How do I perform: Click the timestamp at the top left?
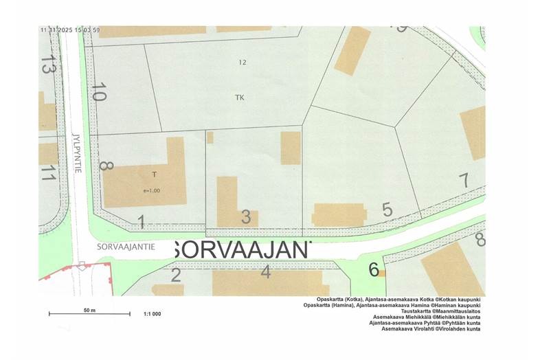tap(70, 30)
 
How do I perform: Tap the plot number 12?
tap(242, 63)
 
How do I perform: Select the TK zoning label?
tap(239, 98)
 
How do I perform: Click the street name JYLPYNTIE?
tap(77, 153)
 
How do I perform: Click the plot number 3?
tap(245, 217)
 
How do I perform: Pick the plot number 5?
tap(387, 210)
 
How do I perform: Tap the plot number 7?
tap(464, 181)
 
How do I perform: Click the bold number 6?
tap(373, 270)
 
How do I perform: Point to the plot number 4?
tap(266, 271)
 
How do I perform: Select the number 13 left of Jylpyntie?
tap(47, 67)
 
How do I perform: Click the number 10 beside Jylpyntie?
tap(99, 92)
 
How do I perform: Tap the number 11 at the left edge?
tap(47, 172)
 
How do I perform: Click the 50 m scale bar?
tap(89, 314)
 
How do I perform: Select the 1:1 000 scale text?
tap(152, 314)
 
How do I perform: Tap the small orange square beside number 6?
tap(382, 273)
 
